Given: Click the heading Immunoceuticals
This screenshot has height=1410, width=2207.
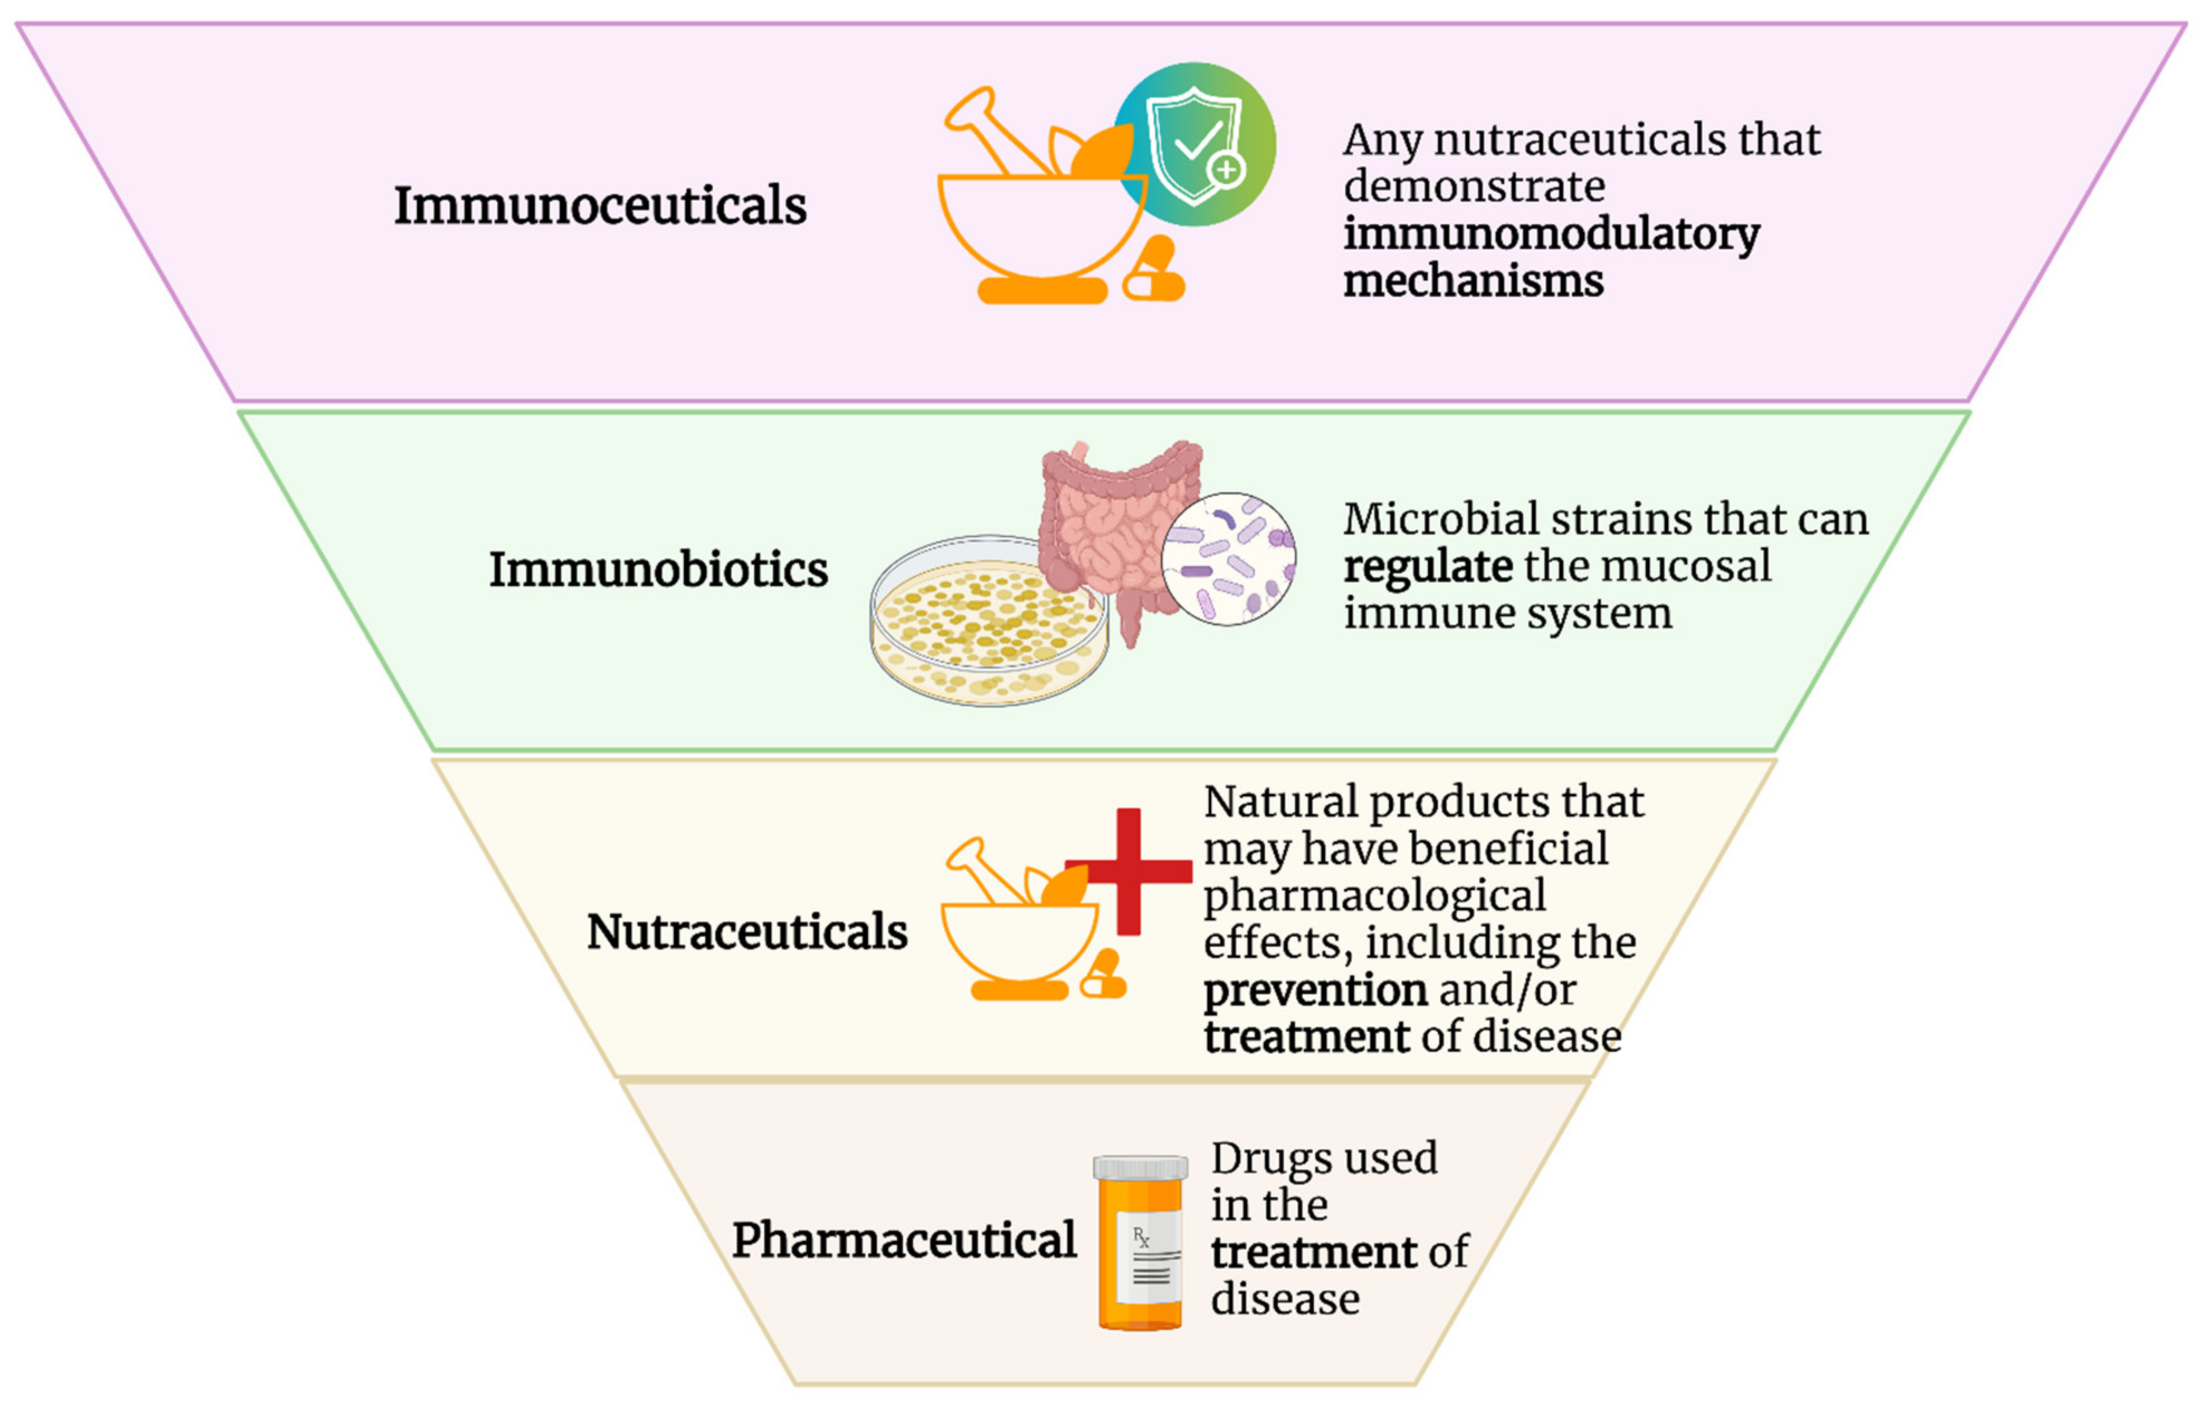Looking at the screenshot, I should click(x=601, y=205).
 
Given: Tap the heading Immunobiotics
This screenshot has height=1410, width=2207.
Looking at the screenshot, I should click(x=658, y=570).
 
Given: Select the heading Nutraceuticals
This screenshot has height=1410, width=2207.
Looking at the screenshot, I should click(x=747, y=932).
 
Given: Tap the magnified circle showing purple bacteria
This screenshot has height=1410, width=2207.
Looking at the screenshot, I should click(x=1229, y=559).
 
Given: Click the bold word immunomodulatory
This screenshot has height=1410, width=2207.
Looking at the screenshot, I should click(x=1551, y=235).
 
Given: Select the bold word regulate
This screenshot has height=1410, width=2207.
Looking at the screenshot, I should click(x=1428, y=566).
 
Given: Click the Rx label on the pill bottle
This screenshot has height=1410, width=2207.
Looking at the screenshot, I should click(x=1141, y=1238).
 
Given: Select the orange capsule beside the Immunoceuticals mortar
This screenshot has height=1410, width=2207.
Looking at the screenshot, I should click(x=1153, y=271).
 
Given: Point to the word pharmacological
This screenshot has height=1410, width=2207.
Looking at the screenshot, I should click(x=1374, y=896).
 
